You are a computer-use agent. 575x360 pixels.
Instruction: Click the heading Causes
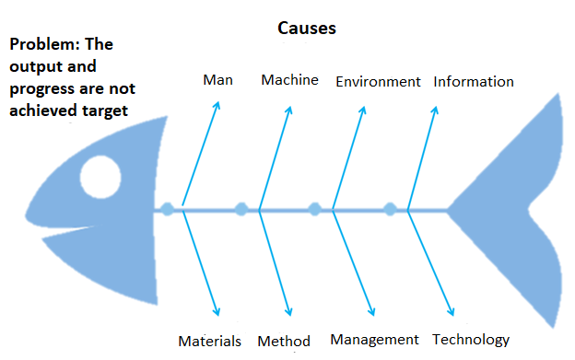[x=307, y=28]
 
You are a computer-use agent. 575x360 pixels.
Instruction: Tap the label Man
[x=217, y=80]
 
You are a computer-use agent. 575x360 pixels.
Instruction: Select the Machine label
[x=289, y=80]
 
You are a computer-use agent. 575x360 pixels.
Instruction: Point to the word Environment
[x=378, y=82]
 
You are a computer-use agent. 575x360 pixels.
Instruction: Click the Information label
[x=474, y=82]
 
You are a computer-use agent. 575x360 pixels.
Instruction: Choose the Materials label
[x=210, y=341]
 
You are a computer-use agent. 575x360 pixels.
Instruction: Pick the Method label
[x=284, y=341]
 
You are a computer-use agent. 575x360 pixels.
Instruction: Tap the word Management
[x=374, y=340]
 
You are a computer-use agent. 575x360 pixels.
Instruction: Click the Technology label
[x=471, y=340]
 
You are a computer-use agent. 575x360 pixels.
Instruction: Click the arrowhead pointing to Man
[x=217, y=103]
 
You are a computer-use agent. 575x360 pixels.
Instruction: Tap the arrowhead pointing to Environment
[x=363, y=110]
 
